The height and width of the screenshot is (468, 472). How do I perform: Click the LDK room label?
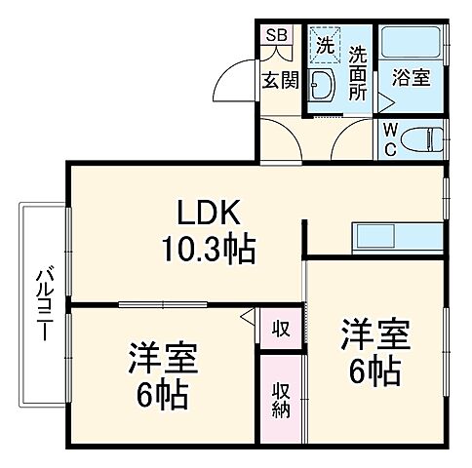pos(208,214)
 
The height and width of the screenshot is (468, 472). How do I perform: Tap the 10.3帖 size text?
pos(208,250)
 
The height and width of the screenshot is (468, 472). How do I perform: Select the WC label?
pos(389,137)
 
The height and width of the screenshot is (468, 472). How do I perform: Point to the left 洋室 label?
pos(162,357)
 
